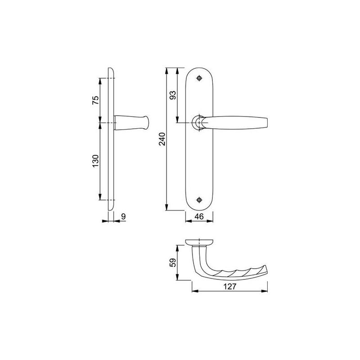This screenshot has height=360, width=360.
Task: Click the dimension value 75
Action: (95, 100)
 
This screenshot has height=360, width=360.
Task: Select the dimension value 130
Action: (95, 161)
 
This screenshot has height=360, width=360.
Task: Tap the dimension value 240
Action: (163, 139)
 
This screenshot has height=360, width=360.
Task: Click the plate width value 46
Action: (199, 216)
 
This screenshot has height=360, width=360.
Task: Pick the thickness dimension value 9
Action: (123, 216)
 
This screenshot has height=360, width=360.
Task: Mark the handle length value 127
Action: (230, 285)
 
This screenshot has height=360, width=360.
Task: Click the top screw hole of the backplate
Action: (200, 79)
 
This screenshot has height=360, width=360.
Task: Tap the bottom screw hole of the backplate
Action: (200, 199)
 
